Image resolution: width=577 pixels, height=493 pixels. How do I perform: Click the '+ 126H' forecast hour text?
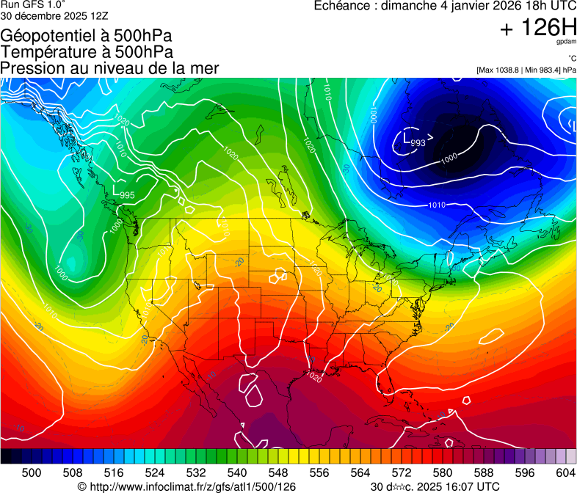click(x=537, y=29)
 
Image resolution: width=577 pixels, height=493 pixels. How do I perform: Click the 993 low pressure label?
click(x=418, y=142)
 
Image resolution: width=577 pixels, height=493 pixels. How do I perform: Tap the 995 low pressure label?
click(x=127, y=195)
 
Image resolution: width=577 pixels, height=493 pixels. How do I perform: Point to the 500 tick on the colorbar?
click(x=32, y=472)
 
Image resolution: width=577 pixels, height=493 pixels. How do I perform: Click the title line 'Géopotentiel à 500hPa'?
click(x=87, y=36)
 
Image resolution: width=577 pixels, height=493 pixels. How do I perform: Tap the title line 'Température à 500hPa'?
click(x=87, y=52)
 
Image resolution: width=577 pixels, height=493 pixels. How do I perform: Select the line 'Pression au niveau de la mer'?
click(x=110, y=68)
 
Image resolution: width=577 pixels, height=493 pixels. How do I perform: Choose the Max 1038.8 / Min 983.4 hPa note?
click(x=526, y=70)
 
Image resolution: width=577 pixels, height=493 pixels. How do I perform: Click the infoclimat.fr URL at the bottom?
click(x=186, y=486)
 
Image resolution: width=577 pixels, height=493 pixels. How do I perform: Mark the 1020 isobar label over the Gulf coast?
click(x=313, y=378)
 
